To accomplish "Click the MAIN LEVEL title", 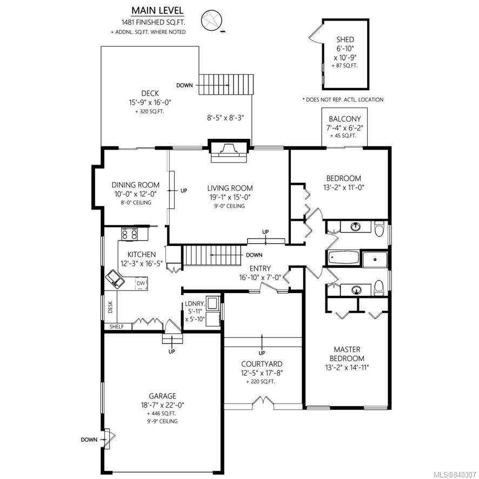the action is (157, 10).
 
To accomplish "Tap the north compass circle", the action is (211, 20).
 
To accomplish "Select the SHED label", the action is (345, 39).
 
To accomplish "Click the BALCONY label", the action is (344, 119).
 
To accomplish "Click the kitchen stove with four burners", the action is (130, 234).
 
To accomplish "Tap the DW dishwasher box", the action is (141, 283).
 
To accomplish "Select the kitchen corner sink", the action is (115, 279).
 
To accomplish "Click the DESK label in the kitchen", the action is (110, 307).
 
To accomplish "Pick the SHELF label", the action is (117, 327).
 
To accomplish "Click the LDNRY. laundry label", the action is (194, 304).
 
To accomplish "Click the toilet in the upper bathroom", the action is (379, 229).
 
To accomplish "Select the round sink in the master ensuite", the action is (356, 289).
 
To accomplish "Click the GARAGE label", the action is (162, 396).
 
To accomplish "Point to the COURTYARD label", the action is (262, 364).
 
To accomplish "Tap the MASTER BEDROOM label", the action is (347, 354).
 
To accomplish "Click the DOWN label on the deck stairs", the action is (184, 85).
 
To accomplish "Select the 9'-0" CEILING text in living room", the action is (229, 206).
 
